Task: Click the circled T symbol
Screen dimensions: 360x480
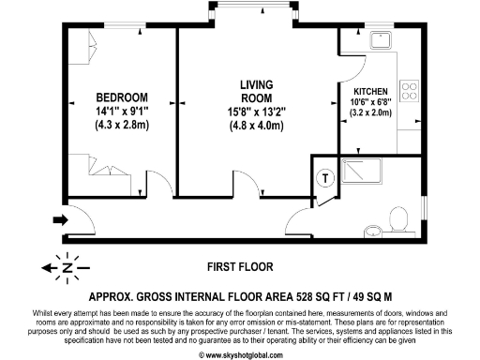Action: (x=324, y=179)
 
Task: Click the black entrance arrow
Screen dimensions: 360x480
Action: (x=60, y=221)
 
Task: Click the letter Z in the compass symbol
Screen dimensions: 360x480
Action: (x=67, y=266)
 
